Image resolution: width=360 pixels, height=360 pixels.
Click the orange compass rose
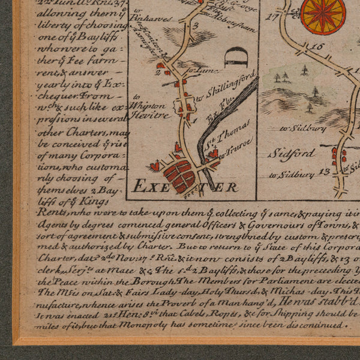323,14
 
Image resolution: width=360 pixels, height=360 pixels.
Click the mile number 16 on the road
317,46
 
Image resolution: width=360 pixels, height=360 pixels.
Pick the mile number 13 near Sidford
325,173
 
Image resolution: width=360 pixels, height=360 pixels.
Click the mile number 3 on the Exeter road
196,26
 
